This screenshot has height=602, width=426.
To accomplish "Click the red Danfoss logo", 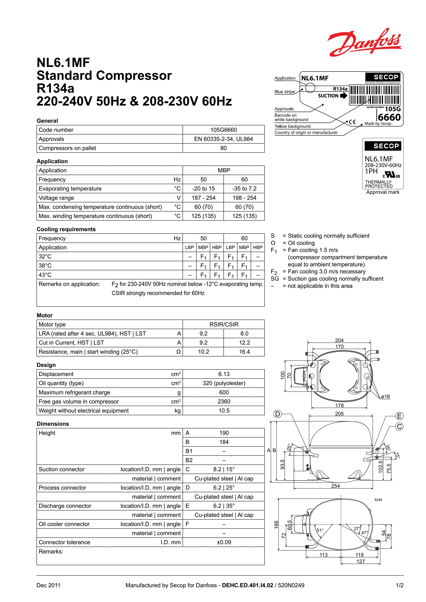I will (x=364, y=43).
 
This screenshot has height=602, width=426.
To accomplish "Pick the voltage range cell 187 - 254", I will (x=203, y=198).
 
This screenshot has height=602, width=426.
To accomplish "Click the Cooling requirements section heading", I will (x=66, y=229).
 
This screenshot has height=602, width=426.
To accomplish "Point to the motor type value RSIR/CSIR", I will (x=224, y=324).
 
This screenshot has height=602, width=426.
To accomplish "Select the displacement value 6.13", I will (x=224, y=374).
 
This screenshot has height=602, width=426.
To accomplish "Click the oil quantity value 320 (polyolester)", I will (x=224, y=383).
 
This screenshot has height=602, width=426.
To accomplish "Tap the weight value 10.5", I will (x=224, y=411).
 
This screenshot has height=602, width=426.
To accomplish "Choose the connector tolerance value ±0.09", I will (x=224, y=542).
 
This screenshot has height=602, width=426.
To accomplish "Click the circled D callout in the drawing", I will (x=277, y=414).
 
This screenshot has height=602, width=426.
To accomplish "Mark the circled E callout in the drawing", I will (x=399, y=416).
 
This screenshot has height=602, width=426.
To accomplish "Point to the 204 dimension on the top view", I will (x=339, y=340).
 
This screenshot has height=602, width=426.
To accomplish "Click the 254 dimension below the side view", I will (x=335, y=486).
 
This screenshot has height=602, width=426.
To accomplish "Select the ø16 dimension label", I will (x=385, y=397).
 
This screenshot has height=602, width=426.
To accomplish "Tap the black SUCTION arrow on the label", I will (x=344, y=96).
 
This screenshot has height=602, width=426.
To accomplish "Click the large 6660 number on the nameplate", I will (x=389, y=117).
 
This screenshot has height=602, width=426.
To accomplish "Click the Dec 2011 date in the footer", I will (x=48, y=585).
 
